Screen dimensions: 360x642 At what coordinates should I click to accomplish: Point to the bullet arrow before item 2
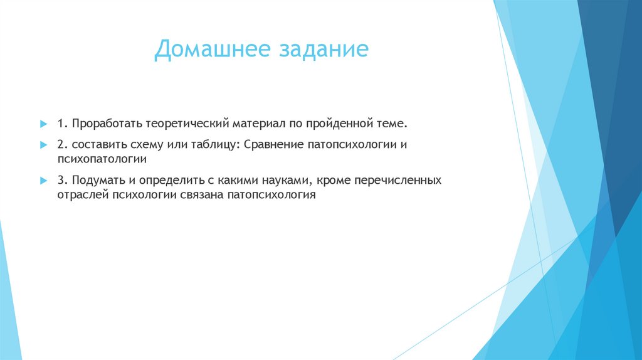coord(44,144)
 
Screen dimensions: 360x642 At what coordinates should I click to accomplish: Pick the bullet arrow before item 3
coord(44,180)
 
